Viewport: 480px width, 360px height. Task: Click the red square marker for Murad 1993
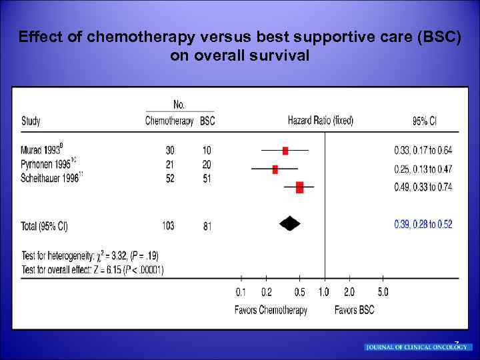tap(285, 151)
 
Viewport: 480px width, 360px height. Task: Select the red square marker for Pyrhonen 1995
tap(275, 169)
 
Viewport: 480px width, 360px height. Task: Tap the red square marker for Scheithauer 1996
tap(299, 187)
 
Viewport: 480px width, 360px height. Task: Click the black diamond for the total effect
tap(289, 224)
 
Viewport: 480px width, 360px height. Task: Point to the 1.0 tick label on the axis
tap(323, 293)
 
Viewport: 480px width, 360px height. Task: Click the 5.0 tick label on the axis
tap(383, 293)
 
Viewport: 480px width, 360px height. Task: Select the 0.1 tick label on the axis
tap(241, 293)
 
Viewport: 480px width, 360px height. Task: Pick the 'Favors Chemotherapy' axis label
tap(271, 311)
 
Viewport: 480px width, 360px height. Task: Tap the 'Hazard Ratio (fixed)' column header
tap(320, 121)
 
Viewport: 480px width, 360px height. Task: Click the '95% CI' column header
tap(425, 121)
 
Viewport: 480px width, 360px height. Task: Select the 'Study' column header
tap(31, 121)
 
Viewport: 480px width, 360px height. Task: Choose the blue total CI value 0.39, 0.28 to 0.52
tap(423, 225)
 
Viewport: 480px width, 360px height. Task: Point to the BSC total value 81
tap(207, 227)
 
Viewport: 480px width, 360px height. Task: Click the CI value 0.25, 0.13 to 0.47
tap(423, 169)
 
